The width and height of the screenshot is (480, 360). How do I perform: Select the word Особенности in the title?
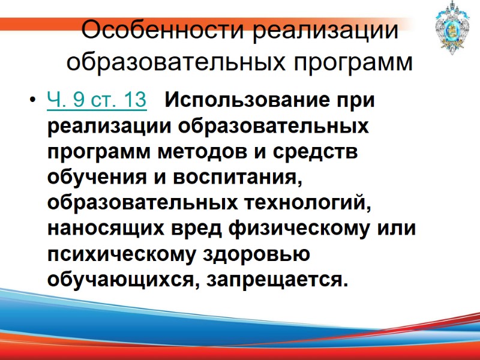163,31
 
